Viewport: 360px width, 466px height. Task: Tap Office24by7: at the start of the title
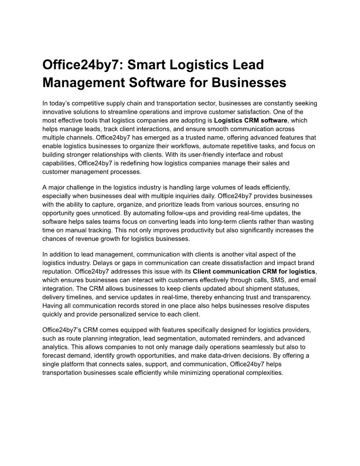(x=82, y=65)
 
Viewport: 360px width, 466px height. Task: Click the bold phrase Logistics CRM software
(x=250, y=120)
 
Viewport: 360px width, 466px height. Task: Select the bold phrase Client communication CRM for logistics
(x=255, y=271)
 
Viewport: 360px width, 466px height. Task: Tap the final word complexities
(x=262, y=373)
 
